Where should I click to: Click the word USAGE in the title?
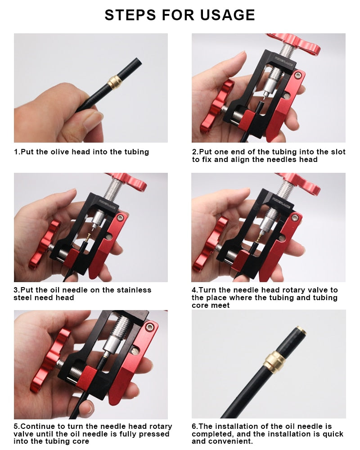click(227, 15)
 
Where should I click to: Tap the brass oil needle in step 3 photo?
click(88, 237)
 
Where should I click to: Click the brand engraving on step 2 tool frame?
click(283, 61)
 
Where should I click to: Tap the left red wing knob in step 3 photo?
click(44, 244)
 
